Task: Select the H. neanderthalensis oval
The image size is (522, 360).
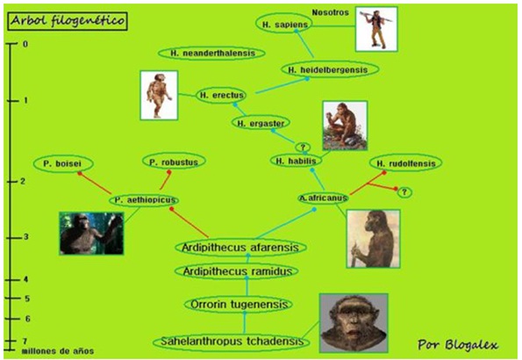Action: pos(211,53)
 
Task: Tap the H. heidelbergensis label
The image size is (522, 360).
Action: pos(330,69)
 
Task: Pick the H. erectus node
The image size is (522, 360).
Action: pos(221,96)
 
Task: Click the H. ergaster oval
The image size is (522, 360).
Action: pos(261,123)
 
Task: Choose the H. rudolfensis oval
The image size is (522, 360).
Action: pos(405,163)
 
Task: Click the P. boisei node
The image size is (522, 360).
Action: pos(63,163)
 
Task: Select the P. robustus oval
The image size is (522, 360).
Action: pos(174,162)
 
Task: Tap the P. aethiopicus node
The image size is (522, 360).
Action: pos(144,200)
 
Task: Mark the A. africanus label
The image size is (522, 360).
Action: pos(323,198)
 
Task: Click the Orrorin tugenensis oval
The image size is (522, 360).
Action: pos(239,304)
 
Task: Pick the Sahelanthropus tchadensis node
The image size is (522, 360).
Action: pos(232,342)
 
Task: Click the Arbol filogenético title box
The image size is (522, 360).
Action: pos(68,21)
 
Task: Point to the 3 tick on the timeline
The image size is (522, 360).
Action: pos(14,238)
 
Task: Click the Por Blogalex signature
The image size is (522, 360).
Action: pos(458,344)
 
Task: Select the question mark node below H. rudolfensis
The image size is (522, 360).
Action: pos(404,192)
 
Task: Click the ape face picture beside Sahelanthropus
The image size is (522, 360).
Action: pos(354,322)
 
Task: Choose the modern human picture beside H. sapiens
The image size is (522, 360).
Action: pos(376,29)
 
